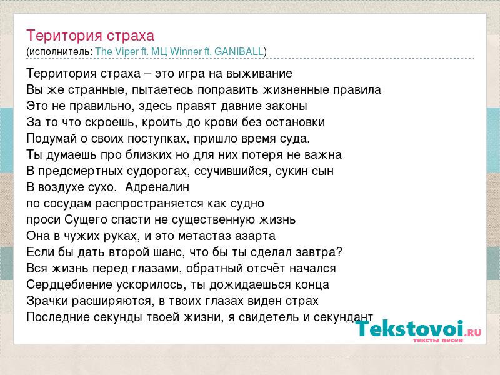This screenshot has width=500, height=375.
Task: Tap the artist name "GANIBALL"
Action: [x=239, y=51]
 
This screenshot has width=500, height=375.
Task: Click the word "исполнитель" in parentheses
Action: [x=59, y=52]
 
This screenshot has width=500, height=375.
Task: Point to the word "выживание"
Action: [x=259, y=74]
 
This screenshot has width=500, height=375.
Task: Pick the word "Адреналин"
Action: [x=157, y=187]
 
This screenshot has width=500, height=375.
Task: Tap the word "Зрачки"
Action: [x=47, y=301]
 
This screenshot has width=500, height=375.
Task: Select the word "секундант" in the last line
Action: [x=343, y=317]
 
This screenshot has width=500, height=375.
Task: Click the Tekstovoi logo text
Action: [x=409, y=329]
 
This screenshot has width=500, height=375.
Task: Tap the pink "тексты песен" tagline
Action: [x=438, y=340]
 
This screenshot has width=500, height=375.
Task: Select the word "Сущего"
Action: [x=86, y=220]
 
